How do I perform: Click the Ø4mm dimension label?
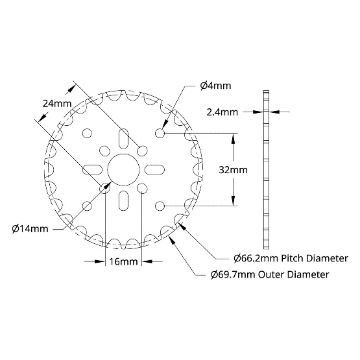215,86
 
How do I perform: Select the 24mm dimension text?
57,104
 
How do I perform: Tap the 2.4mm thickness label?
222,112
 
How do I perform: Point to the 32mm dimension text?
233,170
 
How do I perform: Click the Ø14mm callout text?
30,229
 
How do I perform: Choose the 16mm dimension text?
123,261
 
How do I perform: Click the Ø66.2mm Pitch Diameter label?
291,259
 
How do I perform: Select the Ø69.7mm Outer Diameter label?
270,274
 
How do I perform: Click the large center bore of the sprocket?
123,170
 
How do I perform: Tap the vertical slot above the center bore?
123,139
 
